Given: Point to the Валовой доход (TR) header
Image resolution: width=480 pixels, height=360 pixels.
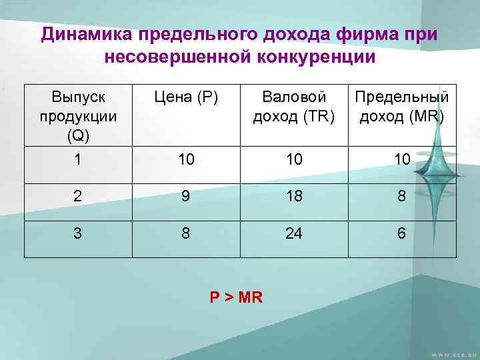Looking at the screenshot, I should pos(295,107).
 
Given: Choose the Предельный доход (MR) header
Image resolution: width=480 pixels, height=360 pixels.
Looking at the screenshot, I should pos(402,107).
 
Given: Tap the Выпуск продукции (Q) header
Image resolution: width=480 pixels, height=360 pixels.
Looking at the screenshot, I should pos(78,115).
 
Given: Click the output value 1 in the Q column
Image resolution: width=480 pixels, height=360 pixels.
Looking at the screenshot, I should pos(78,161).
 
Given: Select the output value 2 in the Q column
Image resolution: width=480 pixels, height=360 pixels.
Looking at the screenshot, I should pos(78,197).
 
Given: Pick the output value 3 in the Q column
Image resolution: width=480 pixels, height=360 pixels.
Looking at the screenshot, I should pos(78,234).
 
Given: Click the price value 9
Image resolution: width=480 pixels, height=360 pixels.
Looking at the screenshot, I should pos(185,197).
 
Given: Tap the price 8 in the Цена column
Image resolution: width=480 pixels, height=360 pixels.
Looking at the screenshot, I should pos(185,234).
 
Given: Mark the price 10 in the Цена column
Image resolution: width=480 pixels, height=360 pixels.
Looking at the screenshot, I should pos(185,161).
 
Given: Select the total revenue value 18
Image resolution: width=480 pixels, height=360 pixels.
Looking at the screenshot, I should pos(295,197).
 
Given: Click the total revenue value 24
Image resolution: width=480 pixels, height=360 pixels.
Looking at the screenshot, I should pos(295,234).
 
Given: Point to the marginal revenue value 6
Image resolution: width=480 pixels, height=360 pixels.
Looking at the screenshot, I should pos(402,234).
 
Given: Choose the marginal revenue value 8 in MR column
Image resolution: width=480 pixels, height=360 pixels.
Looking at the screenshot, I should pos(402,197).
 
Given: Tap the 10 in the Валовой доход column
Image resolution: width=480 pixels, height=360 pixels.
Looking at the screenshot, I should pos(295,161).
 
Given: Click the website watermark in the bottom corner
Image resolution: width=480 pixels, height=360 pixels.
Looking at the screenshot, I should pos(453,352).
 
